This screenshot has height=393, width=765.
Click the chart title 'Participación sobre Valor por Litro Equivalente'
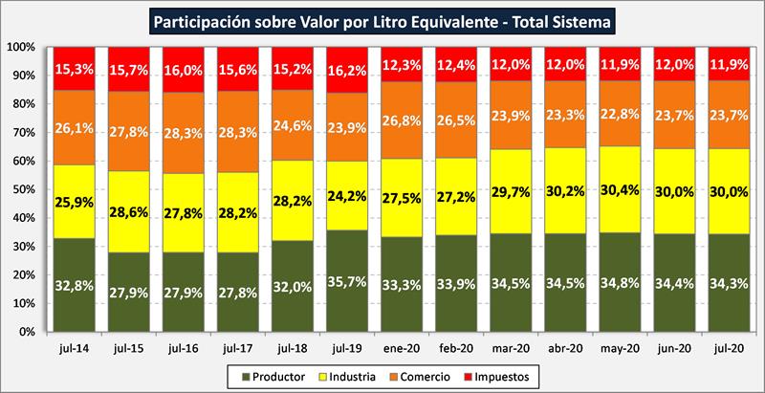click(x=382, y=19)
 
